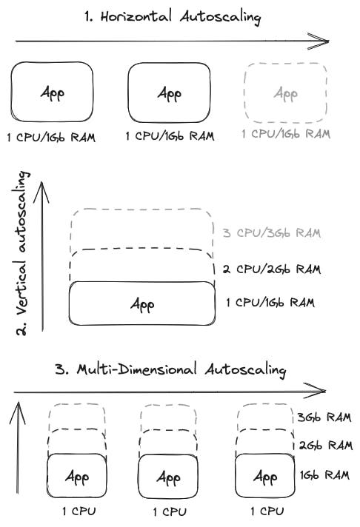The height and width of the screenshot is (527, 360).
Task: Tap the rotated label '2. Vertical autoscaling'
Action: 24,252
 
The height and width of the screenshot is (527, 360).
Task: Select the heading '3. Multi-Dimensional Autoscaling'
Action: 181,369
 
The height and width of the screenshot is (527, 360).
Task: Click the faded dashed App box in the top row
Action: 285,93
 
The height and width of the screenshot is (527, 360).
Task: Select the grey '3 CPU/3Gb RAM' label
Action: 271,232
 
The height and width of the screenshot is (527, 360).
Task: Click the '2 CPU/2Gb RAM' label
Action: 271,269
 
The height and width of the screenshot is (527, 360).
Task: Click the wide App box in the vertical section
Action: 142,303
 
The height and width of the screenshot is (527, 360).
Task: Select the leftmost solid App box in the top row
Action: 51,93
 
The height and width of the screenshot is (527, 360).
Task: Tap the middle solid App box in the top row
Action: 170,93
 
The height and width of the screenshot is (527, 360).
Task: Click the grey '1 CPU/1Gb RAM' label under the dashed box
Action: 285,134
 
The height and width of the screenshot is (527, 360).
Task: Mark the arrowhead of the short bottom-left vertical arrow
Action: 17,407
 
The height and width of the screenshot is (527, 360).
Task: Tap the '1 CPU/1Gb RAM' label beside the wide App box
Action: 270,302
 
